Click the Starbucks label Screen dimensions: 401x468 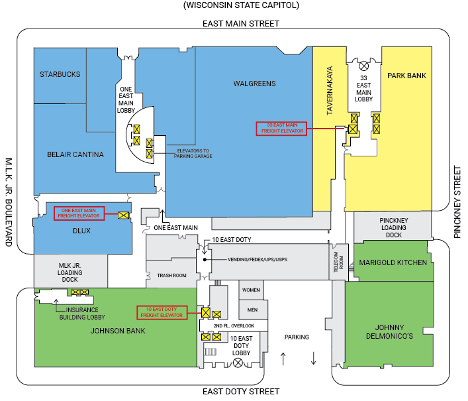pos(60,74)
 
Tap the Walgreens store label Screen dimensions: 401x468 pos(254,84)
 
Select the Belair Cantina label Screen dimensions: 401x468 pos(75,154)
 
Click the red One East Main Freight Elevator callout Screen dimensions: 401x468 pos(80,213)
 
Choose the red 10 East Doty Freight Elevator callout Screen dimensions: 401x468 pos(162,312)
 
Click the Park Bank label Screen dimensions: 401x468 pos(406,76)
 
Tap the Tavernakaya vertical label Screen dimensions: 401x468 pos(328,90)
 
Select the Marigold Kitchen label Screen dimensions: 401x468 pos(393,262)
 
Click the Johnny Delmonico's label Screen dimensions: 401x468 pos(389,331)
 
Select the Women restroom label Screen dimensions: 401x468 pos(251,290)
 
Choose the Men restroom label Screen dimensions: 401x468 pos(251,310)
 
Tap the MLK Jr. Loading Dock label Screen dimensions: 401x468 pos(70,272)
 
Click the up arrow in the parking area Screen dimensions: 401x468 pos(283,359)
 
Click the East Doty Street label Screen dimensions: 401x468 pos(240,391)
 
